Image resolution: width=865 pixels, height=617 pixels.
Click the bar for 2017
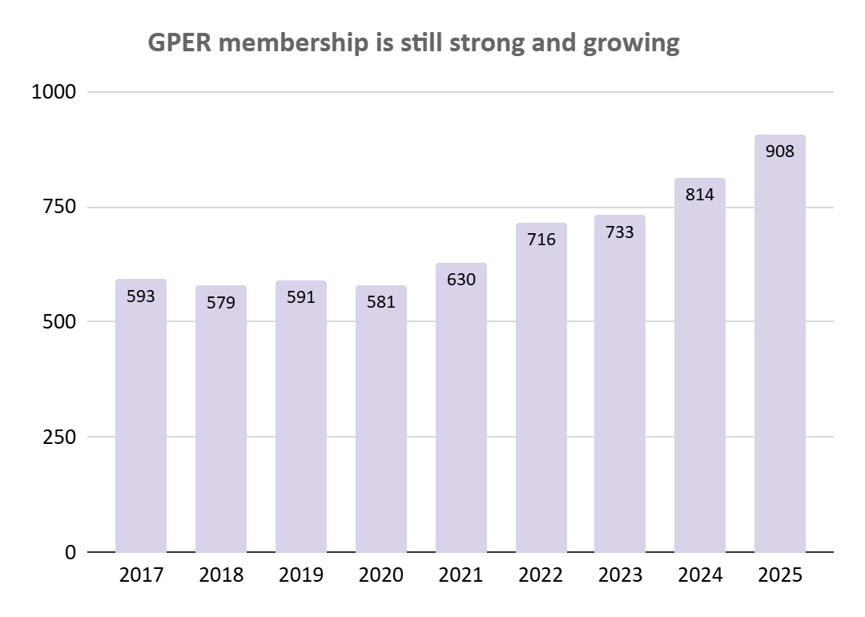141,417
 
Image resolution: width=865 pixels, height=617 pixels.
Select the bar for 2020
381,421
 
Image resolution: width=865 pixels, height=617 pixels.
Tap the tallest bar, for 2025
779,345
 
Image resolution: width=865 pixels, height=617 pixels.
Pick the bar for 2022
541,389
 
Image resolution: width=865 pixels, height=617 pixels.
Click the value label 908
779,150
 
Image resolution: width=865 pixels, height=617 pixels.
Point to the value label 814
699,194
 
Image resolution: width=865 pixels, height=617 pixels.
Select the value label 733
620,232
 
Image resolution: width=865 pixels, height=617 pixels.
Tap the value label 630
461,280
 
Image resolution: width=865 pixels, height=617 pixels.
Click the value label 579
221,303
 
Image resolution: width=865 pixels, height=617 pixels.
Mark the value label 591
301,297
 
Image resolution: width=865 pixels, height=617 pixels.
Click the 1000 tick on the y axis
54,92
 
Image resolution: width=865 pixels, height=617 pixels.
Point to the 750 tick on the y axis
58,208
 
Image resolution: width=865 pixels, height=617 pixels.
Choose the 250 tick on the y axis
58,438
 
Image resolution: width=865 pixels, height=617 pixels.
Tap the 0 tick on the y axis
70,553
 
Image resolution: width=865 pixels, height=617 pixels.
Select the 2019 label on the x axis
301,575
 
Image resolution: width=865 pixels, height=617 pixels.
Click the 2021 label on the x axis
461,575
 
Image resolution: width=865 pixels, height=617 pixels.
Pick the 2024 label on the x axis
699,575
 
